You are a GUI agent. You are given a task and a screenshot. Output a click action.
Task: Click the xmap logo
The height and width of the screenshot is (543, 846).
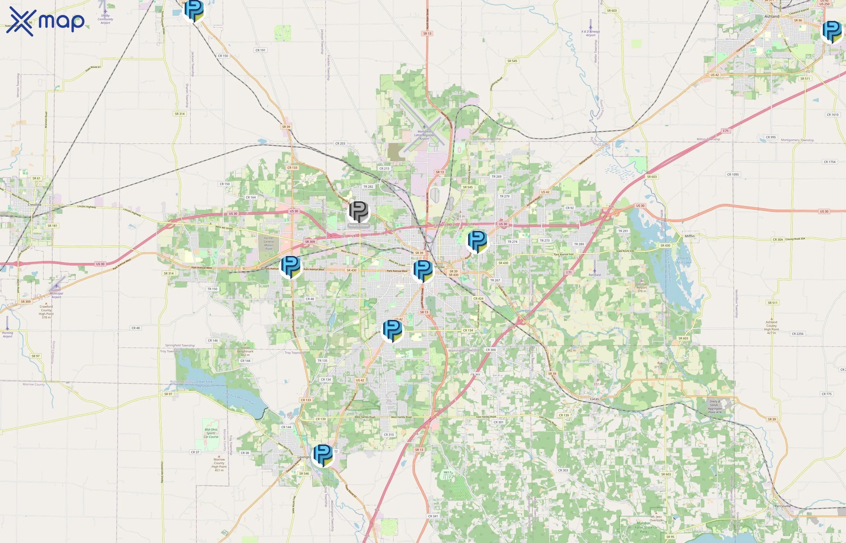[x=45, y=21]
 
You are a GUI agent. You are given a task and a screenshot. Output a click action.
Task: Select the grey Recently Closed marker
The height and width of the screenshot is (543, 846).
[x=358, y=211]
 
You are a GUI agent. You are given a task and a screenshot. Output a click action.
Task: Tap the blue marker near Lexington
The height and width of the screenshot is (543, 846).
[x=323, y=455]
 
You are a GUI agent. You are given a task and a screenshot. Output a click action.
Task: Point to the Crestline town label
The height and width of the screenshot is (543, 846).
[x=35, y=205]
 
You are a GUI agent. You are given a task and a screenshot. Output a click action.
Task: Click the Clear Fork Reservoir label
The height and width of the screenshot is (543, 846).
[x=205, y=384]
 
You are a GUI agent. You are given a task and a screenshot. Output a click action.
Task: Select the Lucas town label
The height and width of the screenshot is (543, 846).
[x=594, y=399]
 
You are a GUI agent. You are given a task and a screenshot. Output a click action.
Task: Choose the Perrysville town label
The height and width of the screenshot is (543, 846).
[x=783, y=506]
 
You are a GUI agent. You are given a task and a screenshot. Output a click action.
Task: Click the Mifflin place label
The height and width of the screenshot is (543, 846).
[x=689, y=236]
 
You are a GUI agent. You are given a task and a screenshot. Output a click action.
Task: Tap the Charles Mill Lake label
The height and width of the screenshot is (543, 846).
[x=684, y=260]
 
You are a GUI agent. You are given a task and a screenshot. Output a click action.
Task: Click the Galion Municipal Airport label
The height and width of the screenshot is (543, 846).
[x=57, y=293]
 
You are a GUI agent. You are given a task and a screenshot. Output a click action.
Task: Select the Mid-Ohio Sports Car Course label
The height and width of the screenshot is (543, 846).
[x=211, y=433]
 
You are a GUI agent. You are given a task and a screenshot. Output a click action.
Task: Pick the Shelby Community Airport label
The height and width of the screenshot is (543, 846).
[x=105, y=19]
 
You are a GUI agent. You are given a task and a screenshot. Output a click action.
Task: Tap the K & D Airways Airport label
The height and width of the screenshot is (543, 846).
[x=590, y=33]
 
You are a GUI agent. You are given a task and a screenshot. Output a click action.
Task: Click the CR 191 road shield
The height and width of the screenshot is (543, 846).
[x=260, y=50]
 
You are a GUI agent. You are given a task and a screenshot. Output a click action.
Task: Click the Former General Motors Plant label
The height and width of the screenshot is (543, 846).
[x=269, y=243]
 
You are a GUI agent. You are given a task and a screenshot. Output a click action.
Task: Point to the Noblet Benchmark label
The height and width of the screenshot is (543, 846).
[x=245, y=351]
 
